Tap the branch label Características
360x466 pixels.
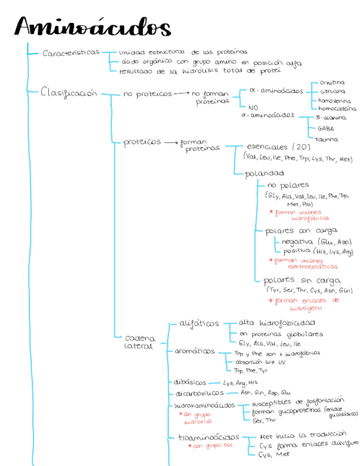tap(71, 53)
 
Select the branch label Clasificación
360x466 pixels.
tap(68, 93)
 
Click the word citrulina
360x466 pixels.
tap(333, 91)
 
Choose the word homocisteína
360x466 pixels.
tap(337, 109)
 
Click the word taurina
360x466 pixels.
tap(326, 139)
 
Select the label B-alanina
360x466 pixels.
tap(331, 118)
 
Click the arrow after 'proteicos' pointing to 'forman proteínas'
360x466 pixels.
tap(169, 142)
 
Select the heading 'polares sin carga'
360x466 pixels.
tap(302, 280)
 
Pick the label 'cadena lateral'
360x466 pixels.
tap(140, 342)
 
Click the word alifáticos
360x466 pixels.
tap(199, 323)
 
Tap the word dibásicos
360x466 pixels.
tap(190, 382)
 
